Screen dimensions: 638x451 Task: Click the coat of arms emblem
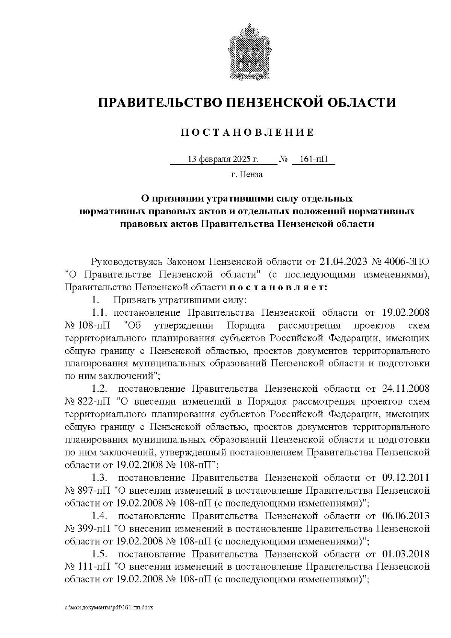pos(247,52)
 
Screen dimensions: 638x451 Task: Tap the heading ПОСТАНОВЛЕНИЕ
pos(247,133)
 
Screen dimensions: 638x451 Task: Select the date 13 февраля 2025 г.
pos(223,159)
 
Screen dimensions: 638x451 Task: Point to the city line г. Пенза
pos(247,174)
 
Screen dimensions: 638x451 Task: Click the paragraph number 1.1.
pos(100,313)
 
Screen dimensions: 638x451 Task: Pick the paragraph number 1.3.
pos(101,478)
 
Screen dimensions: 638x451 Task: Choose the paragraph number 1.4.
pos(101,516)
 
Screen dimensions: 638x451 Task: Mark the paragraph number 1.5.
pos(101,554)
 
